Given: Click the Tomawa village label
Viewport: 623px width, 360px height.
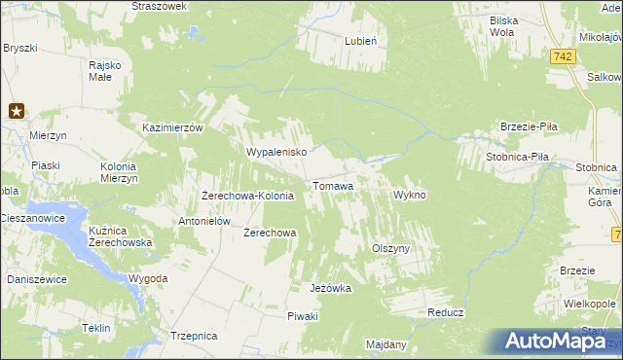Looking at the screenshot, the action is [x=333, y=185].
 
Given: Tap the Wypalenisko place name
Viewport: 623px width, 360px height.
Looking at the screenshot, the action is [x=277, y=153].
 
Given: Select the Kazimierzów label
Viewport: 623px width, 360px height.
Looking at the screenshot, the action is [x=171, y=128].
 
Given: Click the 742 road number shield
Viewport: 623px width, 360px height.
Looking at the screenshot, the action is [x=560, y=58].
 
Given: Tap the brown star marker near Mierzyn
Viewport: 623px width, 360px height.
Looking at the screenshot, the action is [x=17, y=111].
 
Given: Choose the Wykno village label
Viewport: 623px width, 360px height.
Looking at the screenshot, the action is [x=410, y=195].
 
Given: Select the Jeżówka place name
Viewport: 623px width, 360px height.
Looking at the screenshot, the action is [x=330, y=289].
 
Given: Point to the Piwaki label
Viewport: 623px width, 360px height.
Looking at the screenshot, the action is [x=303, y=317].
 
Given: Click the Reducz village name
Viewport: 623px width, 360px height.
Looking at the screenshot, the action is [x=446, y=313].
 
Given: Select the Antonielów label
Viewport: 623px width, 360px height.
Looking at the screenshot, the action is [x=203, y=221].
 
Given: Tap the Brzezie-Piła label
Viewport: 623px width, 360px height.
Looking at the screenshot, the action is [x=528, y=127].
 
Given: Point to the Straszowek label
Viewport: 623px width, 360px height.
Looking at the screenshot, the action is [x=159, y=6].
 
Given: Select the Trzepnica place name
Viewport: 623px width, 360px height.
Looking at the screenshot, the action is [x=193, y=336].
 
